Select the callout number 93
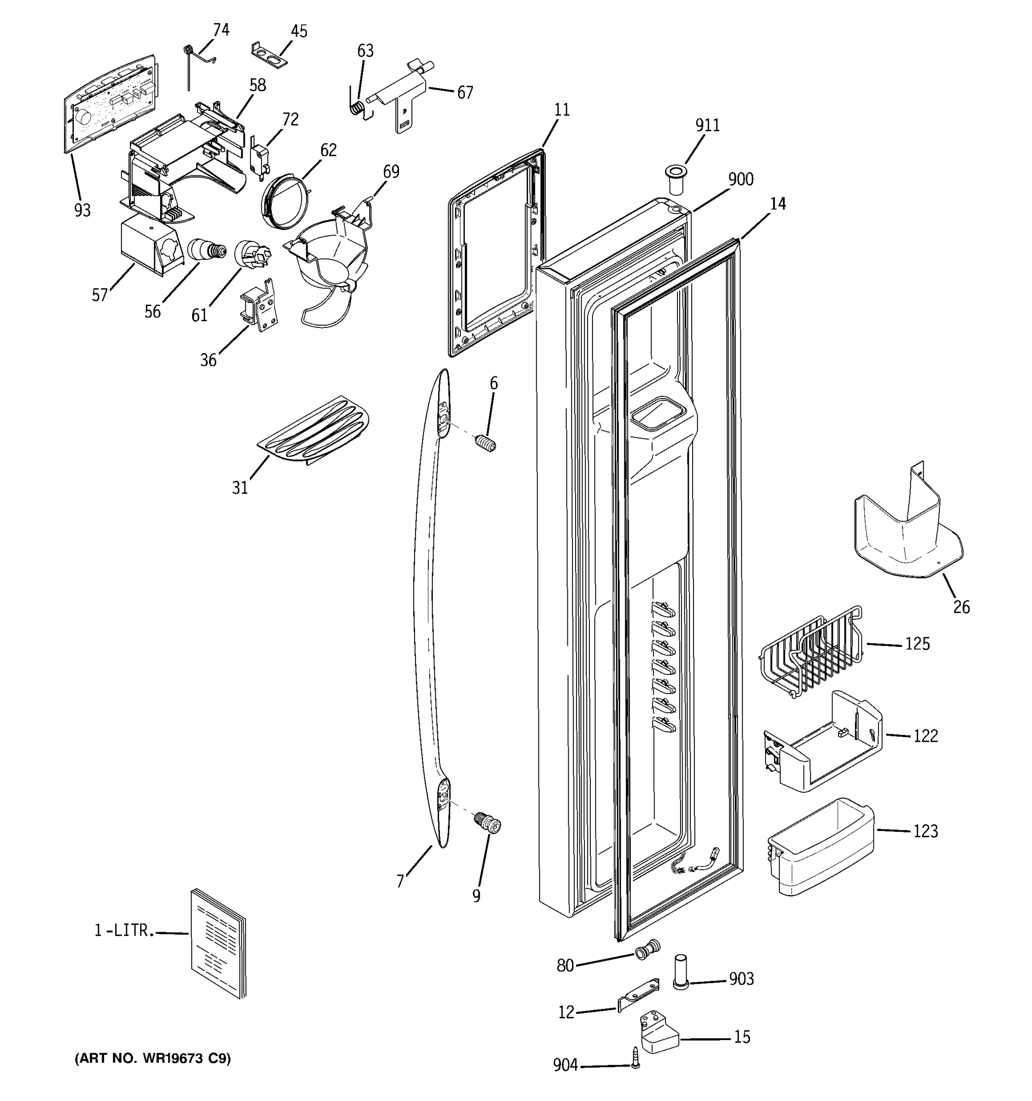point(82,211)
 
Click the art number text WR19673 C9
point(153,1058)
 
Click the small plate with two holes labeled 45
point(270,54)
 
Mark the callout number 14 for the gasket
point(777,204)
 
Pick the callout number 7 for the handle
point(400,881)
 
